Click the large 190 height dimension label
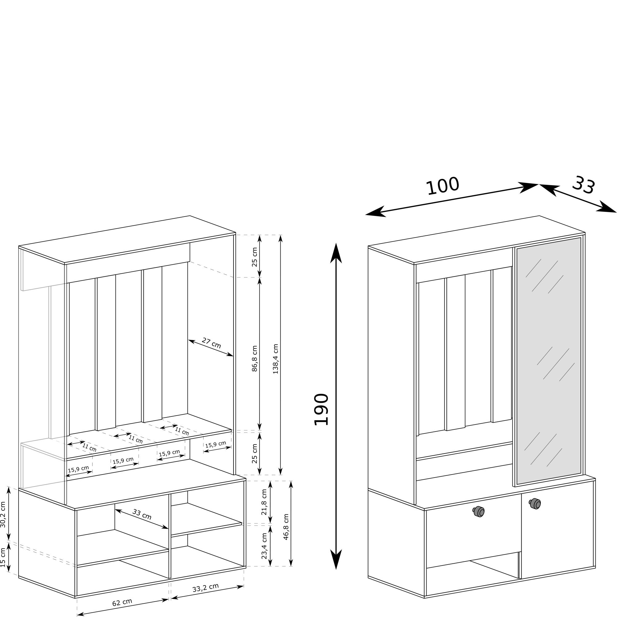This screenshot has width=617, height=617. click(x=321, y=410)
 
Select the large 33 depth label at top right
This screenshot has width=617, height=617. click(x=583, y=185)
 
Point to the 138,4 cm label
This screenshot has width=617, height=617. click(x=275, y=359)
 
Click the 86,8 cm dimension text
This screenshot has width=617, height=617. click(x=255, y=359)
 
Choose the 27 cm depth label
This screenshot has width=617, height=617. click(x=211, y=343)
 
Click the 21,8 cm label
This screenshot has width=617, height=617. click(x=264, y=502)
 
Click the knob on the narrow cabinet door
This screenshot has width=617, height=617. click(x=535, y=504)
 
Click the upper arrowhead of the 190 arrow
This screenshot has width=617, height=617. click(x=336, y=254)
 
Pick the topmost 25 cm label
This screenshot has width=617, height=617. click(x=255, y=257)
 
